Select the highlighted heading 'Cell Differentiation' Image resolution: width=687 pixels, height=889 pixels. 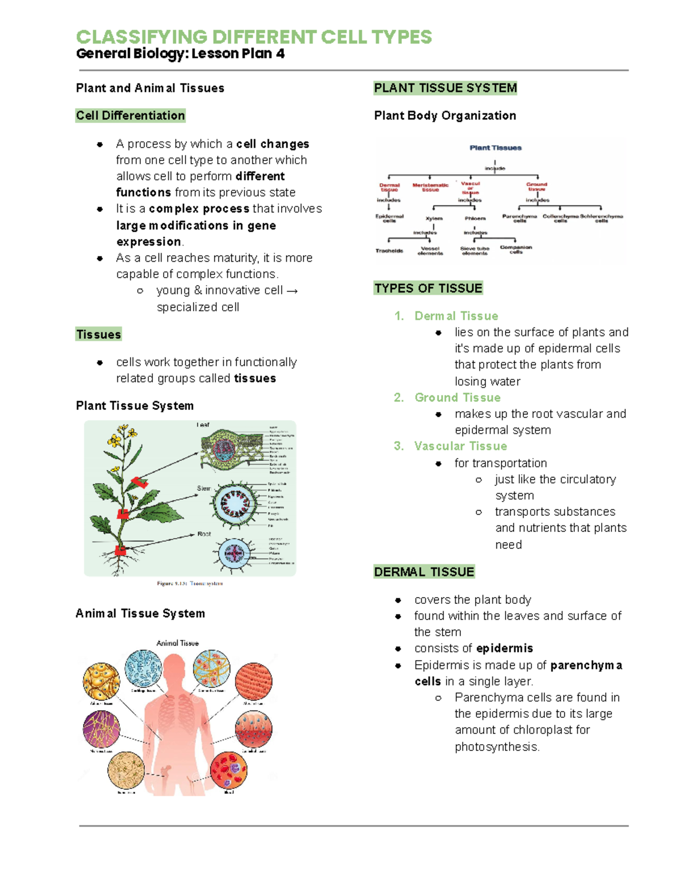(x=131, y=116)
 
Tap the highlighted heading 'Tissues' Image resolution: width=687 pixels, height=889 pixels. (x=98, y=334)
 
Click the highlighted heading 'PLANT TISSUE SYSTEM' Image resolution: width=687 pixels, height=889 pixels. (x=445, y=88)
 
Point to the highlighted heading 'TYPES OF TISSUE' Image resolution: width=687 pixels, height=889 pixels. (x=428, y=288)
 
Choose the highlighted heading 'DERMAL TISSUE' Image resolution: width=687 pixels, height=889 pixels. (x=424, y=572)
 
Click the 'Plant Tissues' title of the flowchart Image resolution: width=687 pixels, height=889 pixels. (x=495, y=148)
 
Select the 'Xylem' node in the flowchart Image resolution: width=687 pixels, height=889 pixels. (x=434, y=219)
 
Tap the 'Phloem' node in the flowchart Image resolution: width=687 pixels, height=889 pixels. (x=475, y=219)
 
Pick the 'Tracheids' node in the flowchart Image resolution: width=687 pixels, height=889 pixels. (x=389, y=251)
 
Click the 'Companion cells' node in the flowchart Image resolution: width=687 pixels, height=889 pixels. (x=516, y=250)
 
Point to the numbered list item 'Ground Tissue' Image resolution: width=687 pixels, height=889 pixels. (x=457, y=397)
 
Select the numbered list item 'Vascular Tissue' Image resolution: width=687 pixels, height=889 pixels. (x=460, y=446)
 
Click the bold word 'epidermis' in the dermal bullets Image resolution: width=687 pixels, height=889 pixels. (x=504, y=648)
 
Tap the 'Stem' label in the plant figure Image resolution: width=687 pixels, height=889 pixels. (x=204, y=488)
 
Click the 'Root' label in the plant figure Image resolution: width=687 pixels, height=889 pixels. (x=204, y=534)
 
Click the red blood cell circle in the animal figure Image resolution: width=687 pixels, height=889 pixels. (x=229, y=771)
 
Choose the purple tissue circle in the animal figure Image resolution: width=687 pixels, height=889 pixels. (x=101, y=729)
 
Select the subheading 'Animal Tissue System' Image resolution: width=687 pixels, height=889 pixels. (x=140, y=614)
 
